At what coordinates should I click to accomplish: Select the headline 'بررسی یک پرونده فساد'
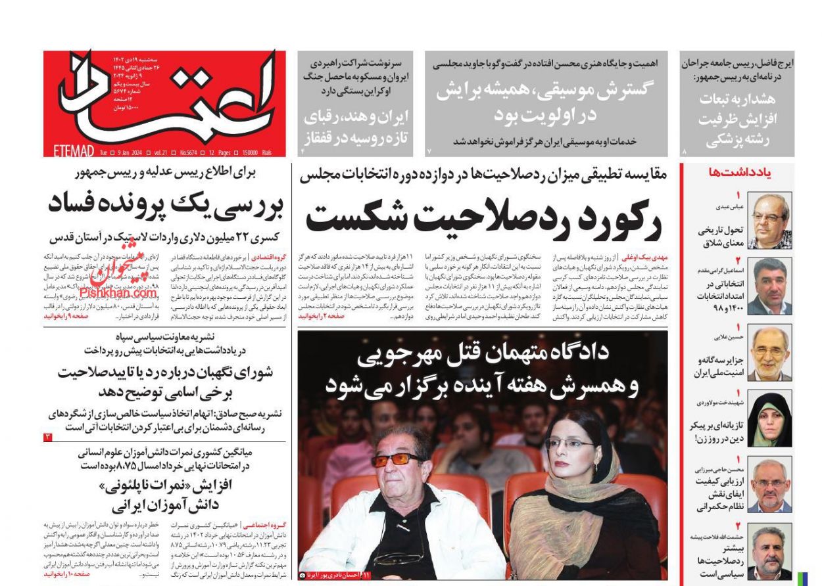click(165, 204)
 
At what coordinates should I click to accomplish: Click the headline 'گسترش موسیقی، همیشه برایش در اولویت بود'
click(546, 102)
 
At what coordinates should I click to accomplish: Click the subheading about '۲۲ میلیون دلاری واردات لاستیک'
click(165, 237)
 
